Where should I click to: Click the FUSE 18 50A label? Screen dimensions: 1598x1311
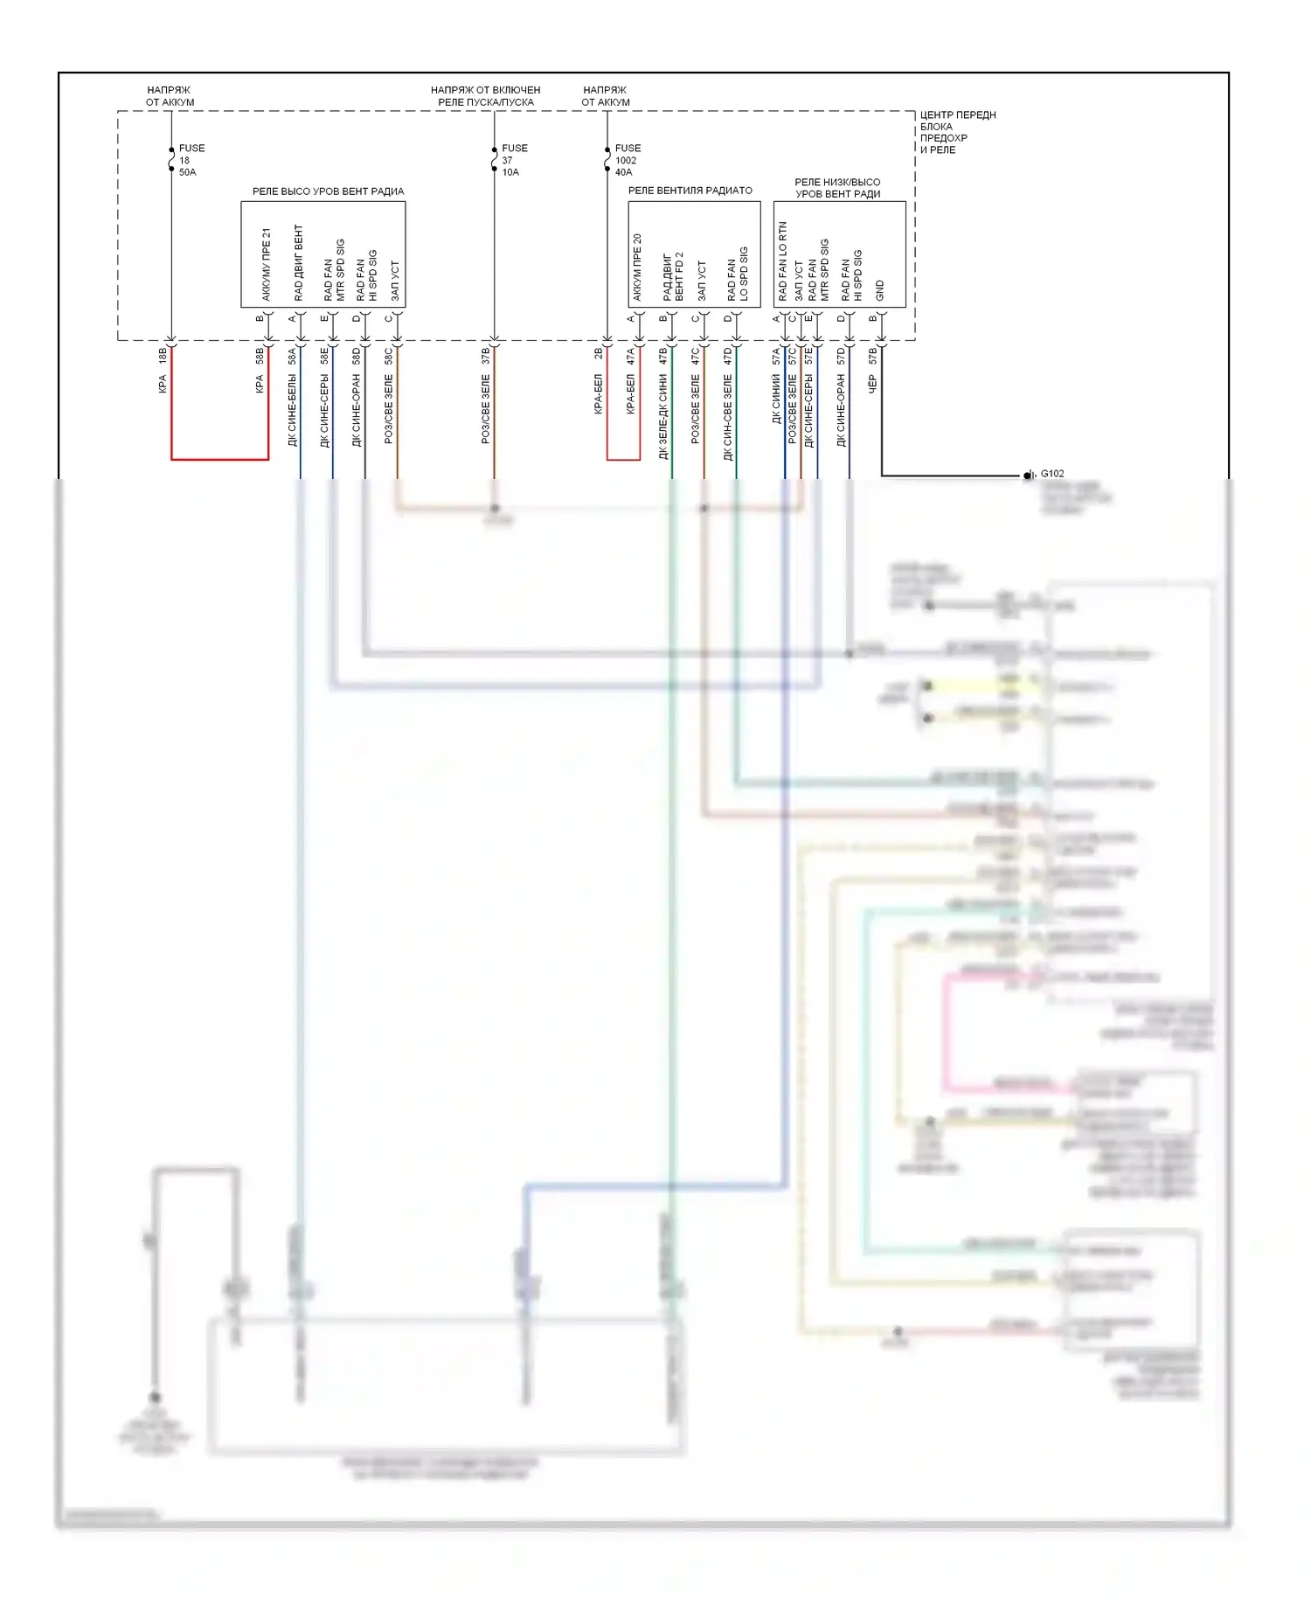click(x=191, y=160)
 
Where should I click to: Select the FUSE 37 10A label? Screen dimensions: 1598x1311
click(x=514, y=160)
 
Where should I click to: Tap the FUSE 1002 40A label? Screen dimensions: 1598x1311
click(x=627, y=160)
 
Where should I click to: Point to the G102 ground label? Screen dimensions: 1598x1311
click(x=1052, y=474)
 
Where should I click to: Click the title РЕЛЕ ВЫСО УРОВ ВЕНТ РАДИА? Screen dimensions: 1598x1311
click(x=328, y=191)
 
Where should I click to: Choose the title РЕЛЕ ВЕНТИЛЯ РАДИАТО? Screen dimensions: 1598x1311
click(x=690, y=191)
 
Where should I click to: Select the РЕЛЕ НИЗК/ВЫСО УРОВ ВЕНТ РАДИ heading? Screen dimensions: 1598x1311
click(x=837, y=188)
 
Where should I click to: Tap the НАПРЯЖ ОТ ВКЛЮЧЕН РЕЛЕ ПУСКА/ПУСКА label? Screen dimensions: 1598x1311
click(x=485, y=96)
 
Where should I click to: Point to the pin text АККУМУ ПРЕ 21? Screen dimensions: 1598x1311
click(x=267, y=264)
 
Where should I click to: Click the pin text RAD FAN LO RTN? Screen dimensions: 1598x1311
click(x=782, y=261)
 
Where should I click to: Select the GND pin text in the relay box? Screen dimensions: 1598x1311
click(x=880, y=290)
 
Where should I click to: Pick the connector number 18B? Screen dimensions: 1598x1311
click(x=163, y=356)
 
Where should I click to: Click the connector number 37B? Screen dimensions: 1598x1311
click(x=485, y=356)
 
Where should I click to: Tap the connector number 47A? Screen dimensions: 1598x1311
click(x=630, y=356)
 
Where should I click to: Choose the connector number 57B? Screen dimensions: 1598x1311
click(x=872, y=356)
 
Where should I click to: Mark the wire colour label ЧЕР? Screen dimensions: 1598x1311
click(x=872, y=385)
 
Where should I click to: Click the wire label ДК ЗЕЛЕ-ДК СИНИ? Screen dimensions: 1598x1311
click(x=662, y=416)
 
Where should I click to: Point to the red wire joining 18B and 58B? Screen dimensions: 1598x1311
click(x=219, y=458)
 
